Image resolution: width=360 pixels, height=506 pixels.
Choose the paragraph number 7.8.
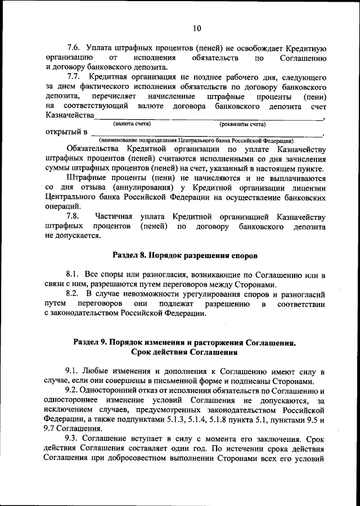73,216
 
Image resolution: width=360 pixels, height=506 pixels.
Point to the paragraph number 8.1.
73,275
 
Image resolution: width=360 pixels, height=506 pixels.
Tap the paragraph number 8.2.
73,294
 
